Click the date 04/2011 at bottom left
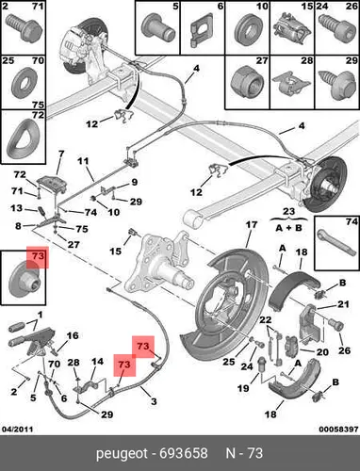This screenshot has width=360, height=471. tap(18, 429)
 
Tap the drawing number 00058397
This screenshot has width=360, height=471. tap(338, 429)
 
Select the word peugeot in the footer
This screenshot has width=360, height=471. tap(122, 454)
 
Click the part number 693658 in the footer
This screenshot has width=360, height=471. tap(184, 453)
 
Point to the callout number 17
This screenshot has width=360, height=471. tap(252, 225)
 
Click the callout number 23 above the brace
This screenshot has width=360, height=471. tap(288, 211)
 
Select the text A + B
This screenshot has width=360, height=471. tap(288, 228)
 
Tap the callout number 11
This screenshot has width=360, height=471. tap(83, 161)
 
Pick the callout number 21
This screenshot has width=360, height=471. tap(343, 304)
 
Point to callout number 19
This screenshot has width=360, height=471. tap(243, 388)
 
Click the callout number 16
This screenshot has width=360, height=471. tap(73, 335)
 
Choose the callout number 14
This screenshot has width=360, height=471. tap(97, 362)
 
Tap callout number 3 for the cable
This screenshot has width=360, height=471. tap(154, 401)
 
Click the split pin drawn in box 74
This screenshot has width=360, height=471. tap(334, 243)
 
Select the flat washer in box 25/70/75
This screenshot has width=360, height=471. tap(24, 82)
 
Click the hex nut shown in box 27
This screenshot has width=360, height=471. tap(247, 82)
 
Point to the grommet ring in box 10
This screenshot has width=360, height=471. tap(247, 28)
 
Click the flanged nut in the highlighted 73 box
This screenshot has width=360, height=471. tap(24, 282)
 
